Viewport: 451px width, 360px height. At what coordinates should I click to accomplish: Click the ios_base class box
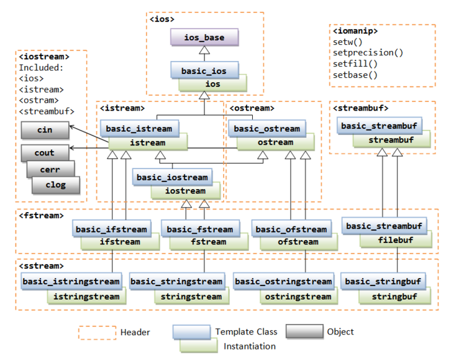point(204,37)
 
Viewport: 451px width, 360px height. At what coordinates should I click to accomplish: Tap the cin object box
point(45,130)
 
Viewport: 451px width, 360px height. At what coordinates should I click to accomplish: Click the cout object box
point(45,152)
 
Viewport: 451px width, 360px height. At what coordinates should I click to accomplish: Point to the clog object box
point(56,184)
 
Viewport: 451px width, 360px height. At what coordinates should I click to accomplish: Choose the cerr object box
point(50,168)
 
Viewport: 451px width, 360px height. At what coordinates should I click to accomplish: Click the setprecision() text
point(368,52)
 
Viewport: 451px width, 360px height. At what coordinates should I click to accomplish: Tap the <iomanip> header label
point(355,30)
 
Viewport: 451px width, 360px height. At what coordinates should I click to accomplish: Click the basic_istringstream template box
point(70,282)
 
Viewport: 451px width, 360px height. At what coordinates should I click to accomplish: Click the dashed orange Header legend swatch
point(97,333)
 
